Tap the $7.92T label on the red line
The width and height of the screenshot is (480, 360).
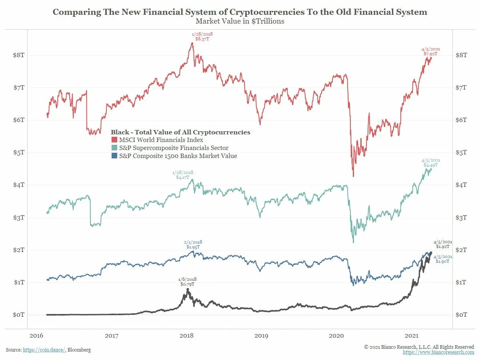click(x=430, y=54)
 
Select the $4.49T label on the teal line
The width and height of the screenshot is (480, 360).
click(x=430, y=165)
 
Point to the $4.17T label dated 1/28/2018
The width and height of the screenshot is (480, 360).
click(x=182, y=177)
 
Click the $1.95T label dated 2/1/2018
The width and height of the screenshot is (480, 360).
click(x=193, y=247)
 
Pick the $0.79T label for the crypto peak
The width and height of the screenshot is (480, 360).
click(x=187, y=284)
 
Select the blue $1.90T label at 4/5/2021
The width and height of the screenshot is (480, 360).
click(x=442, y=261)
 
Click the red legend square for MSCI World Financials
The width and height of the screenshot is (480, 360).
click(x=114, y=140)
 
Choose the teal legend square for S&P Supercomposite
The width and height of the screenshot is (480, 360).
click(x=114, y=148)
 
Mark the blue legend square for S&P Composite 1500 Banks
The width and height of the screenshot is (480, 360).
click(x=114, y=156)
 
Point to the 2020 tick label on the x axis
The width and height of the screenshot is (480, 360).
click(x=336, y=336)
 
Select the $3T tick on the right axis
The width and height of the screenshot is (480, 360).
click(x=461, y=218)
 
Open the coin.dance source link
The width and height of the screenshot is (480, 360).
click(x=44, y=350)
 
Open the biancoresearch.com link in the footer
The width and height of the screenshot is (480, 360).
click(x=438, y=352)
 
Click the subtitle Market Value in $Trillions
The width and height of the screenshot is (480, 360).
click(x=240, y=21)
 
